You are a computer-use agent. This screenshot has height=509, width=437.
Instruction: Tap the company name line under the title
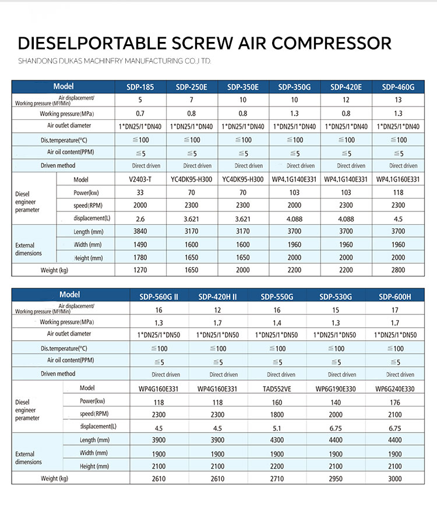pos(114,61)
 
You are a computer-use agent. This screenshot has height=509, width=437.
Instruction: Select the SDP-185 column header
pos(140,87)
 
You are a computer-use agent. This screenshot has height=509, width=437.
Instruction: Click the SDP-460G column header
pos(398,87)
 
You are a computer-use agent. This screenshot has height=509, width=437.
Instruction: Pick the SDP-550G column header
pos(277,296)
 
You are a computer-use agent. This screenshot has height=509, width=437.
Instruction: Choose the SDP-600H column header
pos(394,296)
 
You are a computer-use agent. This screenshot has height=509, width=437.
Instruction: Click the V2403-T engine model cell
pos(140,179)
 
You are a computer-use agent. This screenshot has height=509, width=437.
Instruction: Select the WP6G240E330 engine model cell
pos(395,388)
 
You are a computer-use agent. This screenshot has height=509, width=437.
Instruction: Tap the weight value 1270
pos(140,270)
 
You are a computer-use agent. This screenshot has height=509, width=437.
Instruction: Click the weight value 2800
pos(398,270)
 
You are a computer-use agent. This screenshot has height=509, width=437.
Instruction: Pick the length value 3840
pos(140,232)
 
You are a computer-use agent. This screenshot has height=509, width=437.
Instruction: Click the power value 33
pos(140,192)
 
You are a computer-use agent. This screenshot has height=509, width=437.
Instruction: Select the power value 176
pos(395,401)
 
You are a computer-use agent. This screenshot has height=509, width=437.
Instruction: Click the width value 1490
pos(140,245)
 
